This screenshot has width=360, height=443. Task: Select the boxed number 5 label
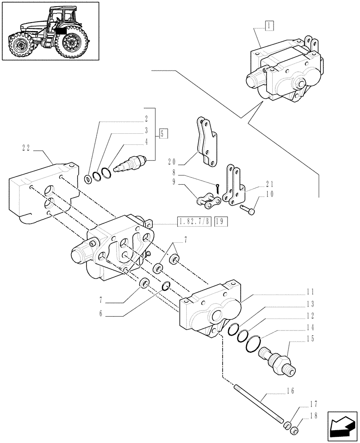(x=163, y=133)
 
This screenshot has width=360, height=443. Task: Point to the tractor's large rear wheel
(x=70, y=42)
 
